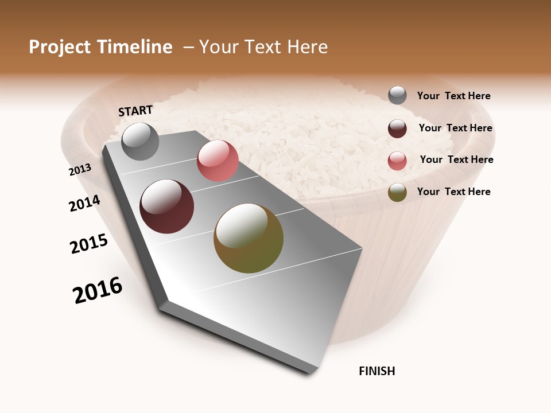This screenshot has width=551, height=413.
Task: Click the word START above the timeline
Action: [135, 111]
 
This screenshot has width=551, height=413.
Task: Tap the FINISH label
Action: [377, 371]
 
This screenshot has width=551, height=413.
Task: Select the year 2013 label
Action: [80, 170]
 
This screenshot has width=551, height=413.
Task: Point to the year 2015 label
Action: [89, 244]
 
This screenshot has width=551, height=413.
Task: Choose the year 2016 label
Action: [98, 290]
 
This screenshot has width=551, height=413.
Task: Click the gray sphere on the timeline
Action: [140, 142]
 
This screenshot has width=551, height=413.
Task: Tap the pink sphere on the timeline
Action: [218, 161]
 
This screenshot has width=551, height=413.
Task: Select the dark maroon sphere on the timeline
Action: [167, 206]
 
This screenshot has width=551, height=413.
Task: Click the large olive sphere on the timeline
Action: [249, 238]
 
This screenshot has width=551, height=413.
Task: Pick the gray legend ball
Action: [397, 96]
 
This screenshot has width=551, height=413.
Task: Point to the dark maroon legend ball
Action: [397, 128]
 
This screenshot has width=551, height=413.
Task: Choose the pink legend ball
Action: [397, 161]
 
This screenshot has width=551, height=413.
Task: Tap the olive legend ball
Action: [397, 192]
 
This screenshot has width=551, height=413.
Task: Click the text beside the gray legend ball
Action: [453, 96]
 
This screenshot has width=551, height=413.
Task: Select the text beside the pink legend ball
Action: [456, 159]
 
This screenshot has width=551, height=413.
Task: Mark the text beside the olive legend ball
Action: [453, 192]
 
